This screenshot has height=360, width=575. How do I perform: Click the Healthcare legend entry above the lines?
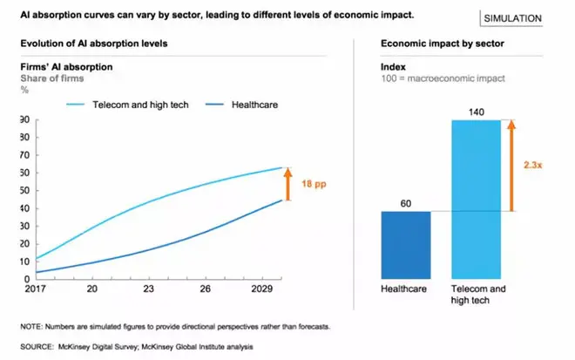tap(255, 105)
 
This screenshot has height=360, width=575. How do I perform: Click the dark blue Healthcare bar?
tap(406, 245)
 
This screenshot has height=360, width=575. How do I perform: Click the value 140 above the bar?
tap(476, 112)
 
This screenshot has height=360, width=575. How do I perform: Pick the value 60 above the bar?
tap(406, 202)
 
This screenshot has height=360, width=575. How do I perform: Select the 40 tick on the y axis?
tap(24, 208)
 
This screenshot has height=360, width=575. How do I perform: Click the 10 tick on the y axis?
tap(24, 262)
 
